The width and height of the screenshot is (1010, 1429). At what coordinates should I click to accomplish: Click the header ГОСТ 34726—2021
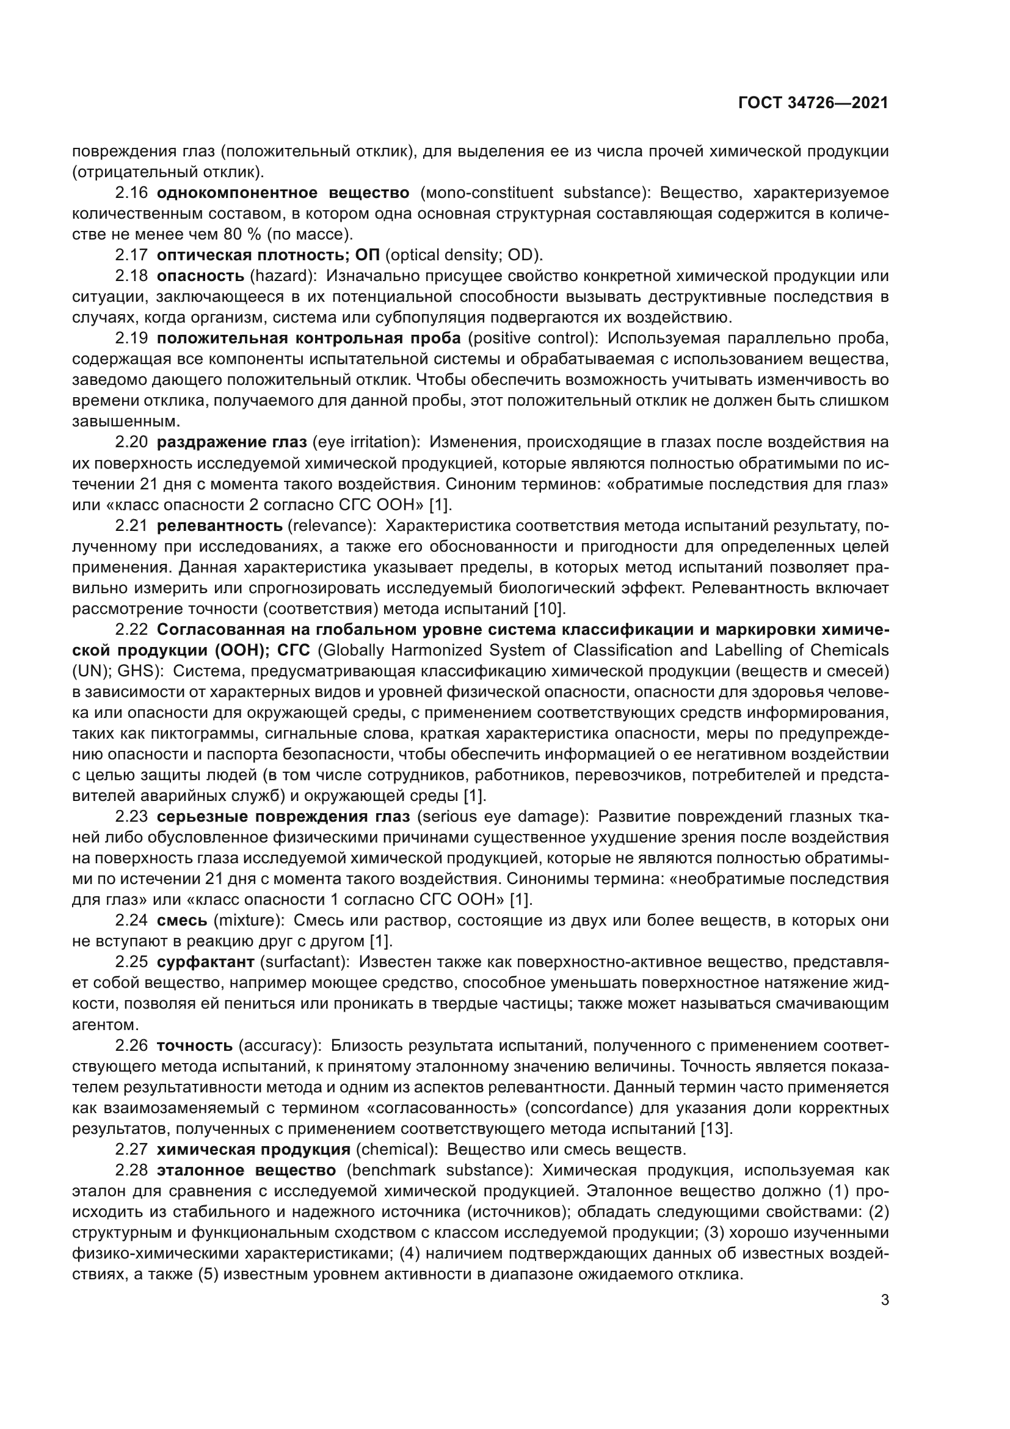point(813,103)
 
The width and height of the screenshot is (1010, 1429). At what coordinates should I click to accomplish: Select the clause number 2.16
point(131,193)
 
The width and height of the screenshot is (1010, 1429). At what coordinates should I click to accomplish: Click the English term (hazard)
point(283,276)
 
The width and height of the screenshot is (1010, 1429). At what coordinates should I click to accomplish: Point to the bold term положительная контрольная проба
point(309,338)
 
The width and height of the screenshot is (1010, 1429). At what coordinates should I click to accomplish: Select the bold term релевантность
point(220,525)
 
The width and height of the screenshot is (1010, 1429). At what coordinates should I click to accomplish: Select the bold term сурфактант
point(206,962)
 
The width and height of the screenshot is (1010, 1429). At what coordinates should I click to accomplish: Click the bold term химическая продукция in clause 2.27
point(254,1149)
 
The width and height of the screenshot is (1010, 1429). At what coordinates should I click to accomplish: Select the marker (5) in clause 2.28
point(208,1274)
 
